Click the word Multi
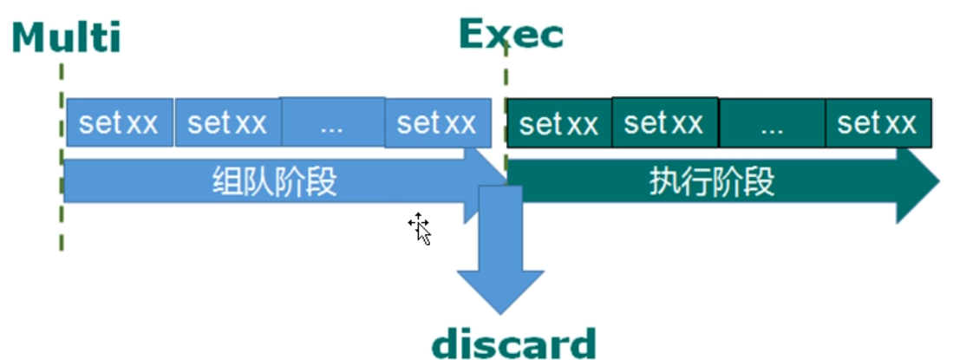click(67, 38)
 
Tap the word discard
click(514, 343)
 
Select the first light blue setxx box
click(119, 123)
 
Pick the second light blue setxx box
click(227, 123)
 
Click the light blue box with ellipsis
click(332, 122)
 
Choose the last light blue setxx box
click(437, 123)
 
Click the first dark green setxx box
click(559, 124)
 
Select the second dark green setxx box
click(664, 123)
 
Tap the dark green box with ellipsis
click(772, 124)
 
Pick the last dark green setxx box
click(878, 123)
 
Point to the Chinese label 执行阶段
click(712, 182)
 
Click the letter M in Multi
click(30, 39)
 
